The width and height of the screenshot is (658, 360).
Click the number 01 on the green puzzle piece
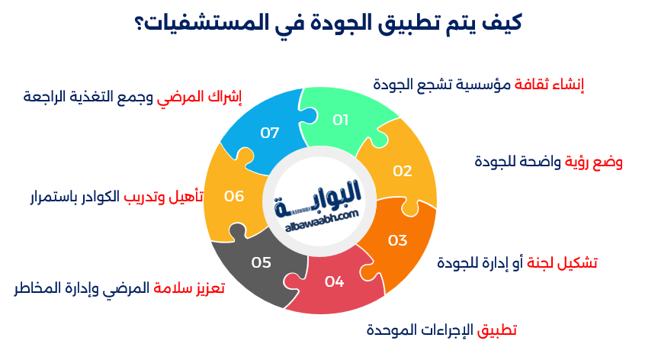[x=341, y=120]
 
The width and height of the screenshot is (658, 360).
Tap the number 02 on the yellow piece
[x=402, y=171]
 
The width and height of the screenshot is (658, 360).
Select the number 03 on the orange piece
[x=397, y=241]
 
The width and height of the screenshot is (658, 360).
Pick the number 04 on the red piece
[x=334, y=281]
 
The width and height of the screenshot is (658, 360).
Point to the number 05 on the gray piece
[x=262, y=262]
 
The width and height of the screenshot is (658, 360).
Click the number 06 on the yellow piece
[x=234, y=196]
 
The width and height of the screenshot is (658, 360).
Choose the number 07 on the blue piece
[x=270, y=133]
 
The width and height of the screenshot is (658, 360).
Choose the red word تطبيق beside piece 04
[x=497, y=330]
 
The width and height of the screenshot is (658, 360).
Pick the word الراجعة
[x=47, y=97]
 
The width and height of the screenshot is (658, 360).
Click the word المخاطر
[x=39, y=289]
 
